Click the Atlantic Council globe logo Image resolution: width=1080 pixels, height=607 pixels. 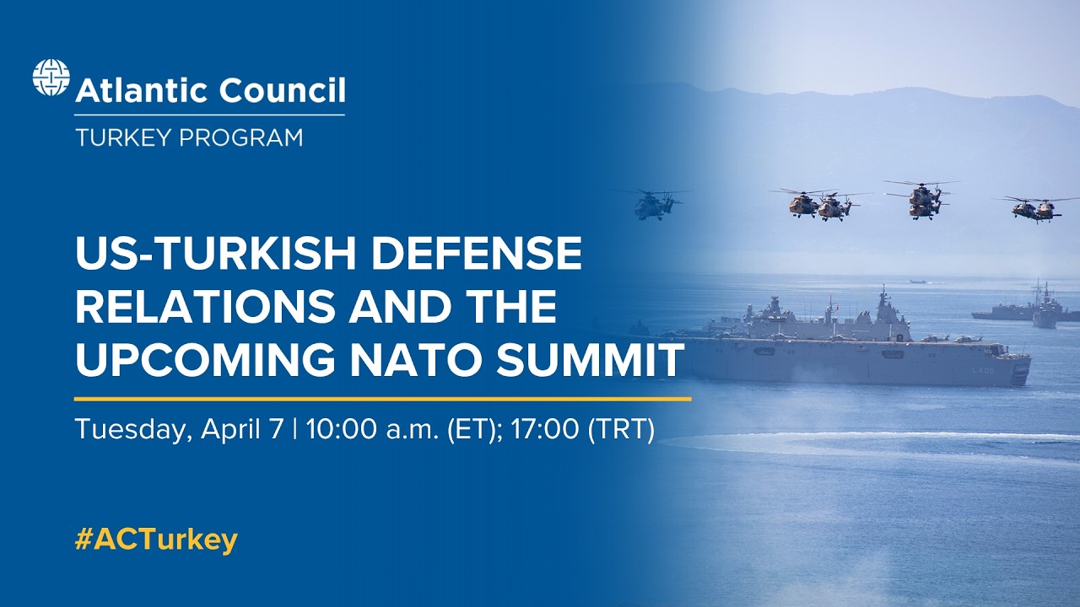click(51, 78)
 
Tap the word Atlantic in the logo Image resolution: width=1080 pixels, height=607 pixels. click(136, 90)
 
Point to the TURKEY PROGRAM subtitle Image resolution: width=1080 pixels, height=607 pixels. click(188, 137)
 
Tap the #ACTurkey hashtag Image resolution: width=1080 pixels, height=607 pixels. click(156, 540)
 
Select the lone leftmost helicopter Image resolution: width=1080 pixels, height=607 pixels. click(655, 204)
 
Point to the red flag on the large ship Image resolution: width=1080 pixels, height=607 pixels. click(832, 303)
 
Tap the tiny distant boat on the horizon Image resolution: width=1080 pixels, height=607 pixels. click(917, 281)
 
